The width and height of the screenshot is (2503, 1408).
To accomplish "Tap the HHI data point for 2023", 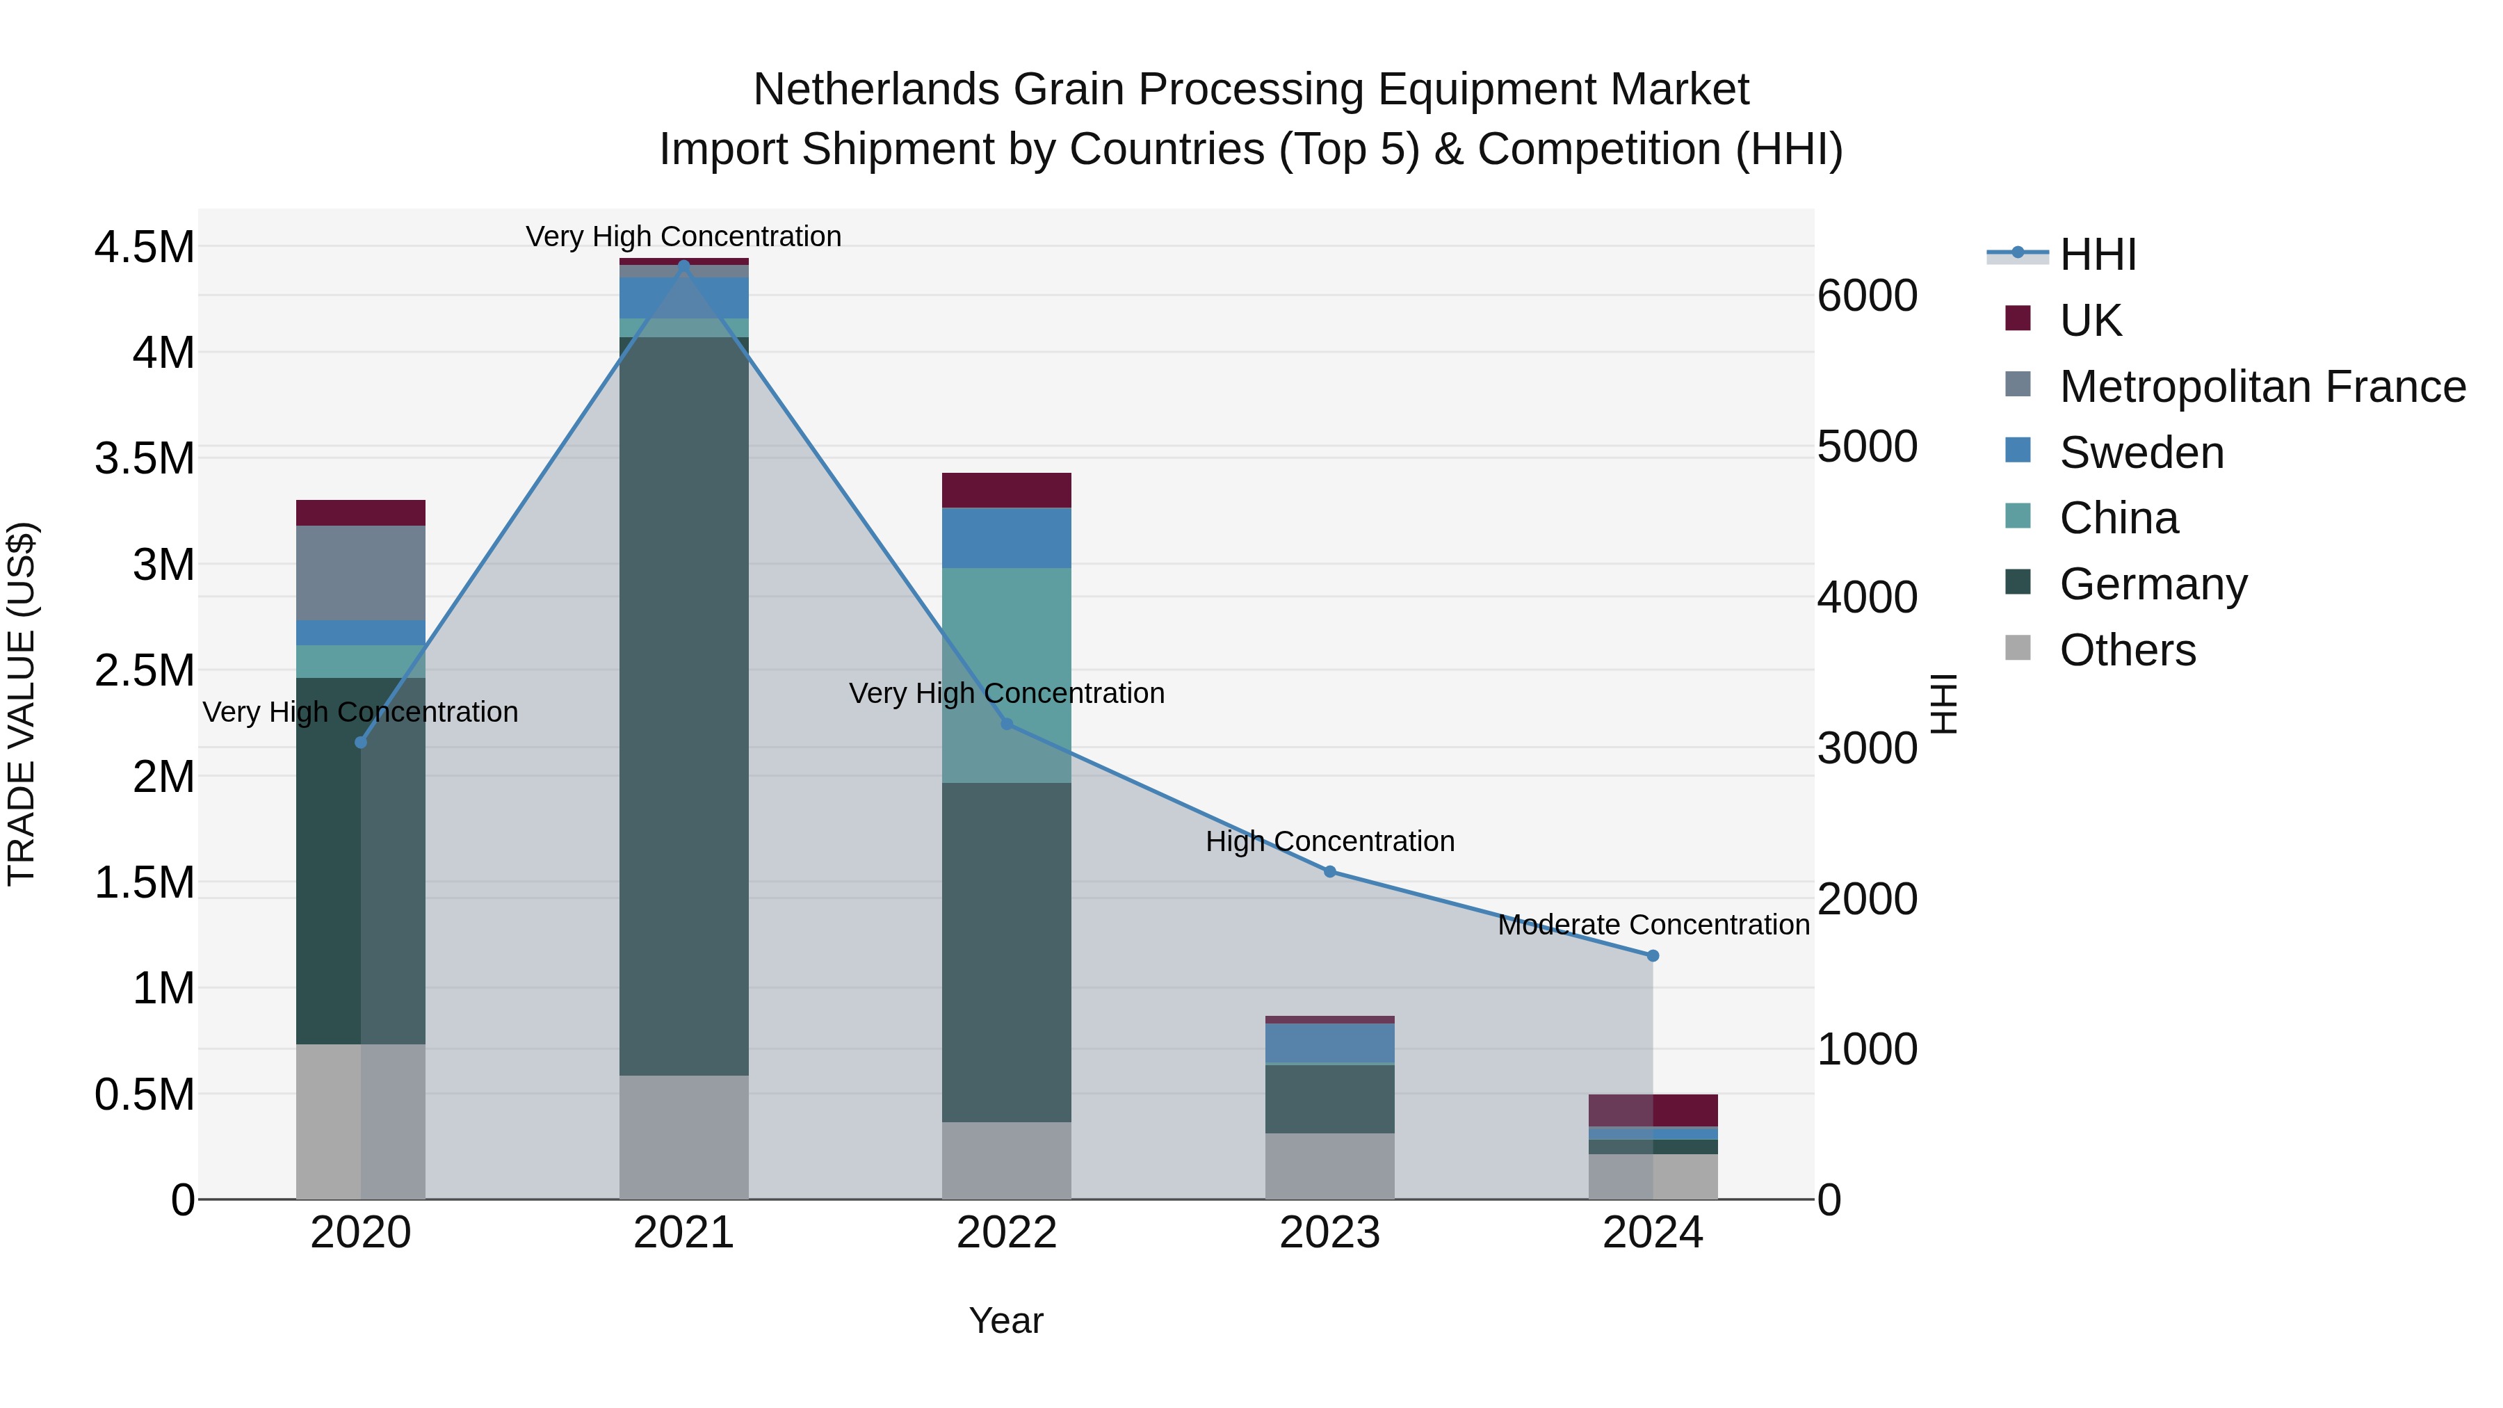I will coord(1330,872).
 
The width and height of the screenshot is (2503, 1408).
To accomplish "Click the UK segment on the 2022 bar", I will coord(1007,491).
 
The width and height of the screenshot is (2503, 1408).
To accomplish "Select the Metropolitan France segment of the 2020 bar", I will coord(360,574).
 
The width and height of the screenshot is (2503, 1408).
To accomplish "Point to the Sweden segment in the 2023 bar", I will coord(1329,1044).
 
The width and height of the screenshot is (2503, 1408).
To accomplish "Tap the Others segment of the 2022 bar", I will coord(1007,1160).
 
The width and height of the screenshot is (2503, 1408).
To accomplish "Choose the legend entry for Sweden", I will coord(2141,453).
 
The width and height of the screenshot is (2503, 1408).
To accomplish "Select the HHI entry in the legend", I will coord(2097,254).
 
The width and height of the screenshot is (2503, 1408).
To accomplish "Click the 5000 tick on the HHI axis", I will coord(1867,447).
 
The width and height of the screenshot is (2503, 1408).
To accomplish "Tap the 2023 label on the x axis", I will coord(1329,1233).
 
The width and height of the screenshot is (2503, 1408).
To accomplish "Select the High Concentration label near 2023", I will coord(1329,841).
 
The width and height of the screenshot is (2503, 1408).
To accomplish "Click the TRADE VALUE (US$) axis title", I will coord(22,704).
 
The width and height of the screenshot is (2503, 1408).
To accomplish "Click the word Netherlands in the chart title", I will coord(875,90).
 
